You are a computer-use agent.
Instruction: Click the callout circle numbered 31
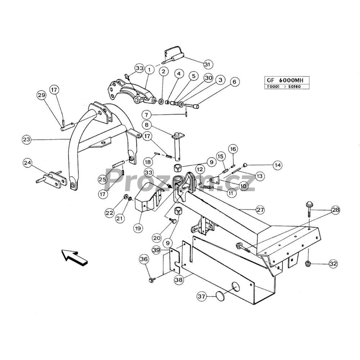[x=207, y=64]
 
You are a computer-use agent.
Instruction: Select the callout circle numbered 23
[x=27, y=139]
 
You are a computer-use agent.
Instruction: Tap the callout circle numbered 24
[x=28, y=163]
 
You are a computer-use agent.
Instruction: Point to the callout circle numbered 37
[x=202, y=297]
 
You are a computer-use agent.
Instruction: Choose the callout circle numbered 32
[x=333, y=264]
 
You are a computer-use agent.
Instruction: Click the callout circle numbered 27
[x=260, y=210]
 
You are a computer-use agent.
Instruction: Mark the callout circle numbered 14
[x=278, y=165]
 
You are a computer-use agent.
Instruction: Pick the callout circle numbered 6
[x=234, y=82]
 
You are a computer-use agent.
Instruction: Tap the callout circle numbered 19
[x=138, y=228]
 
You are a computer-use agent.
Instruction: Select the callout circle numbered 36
[x=144, y=259]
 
